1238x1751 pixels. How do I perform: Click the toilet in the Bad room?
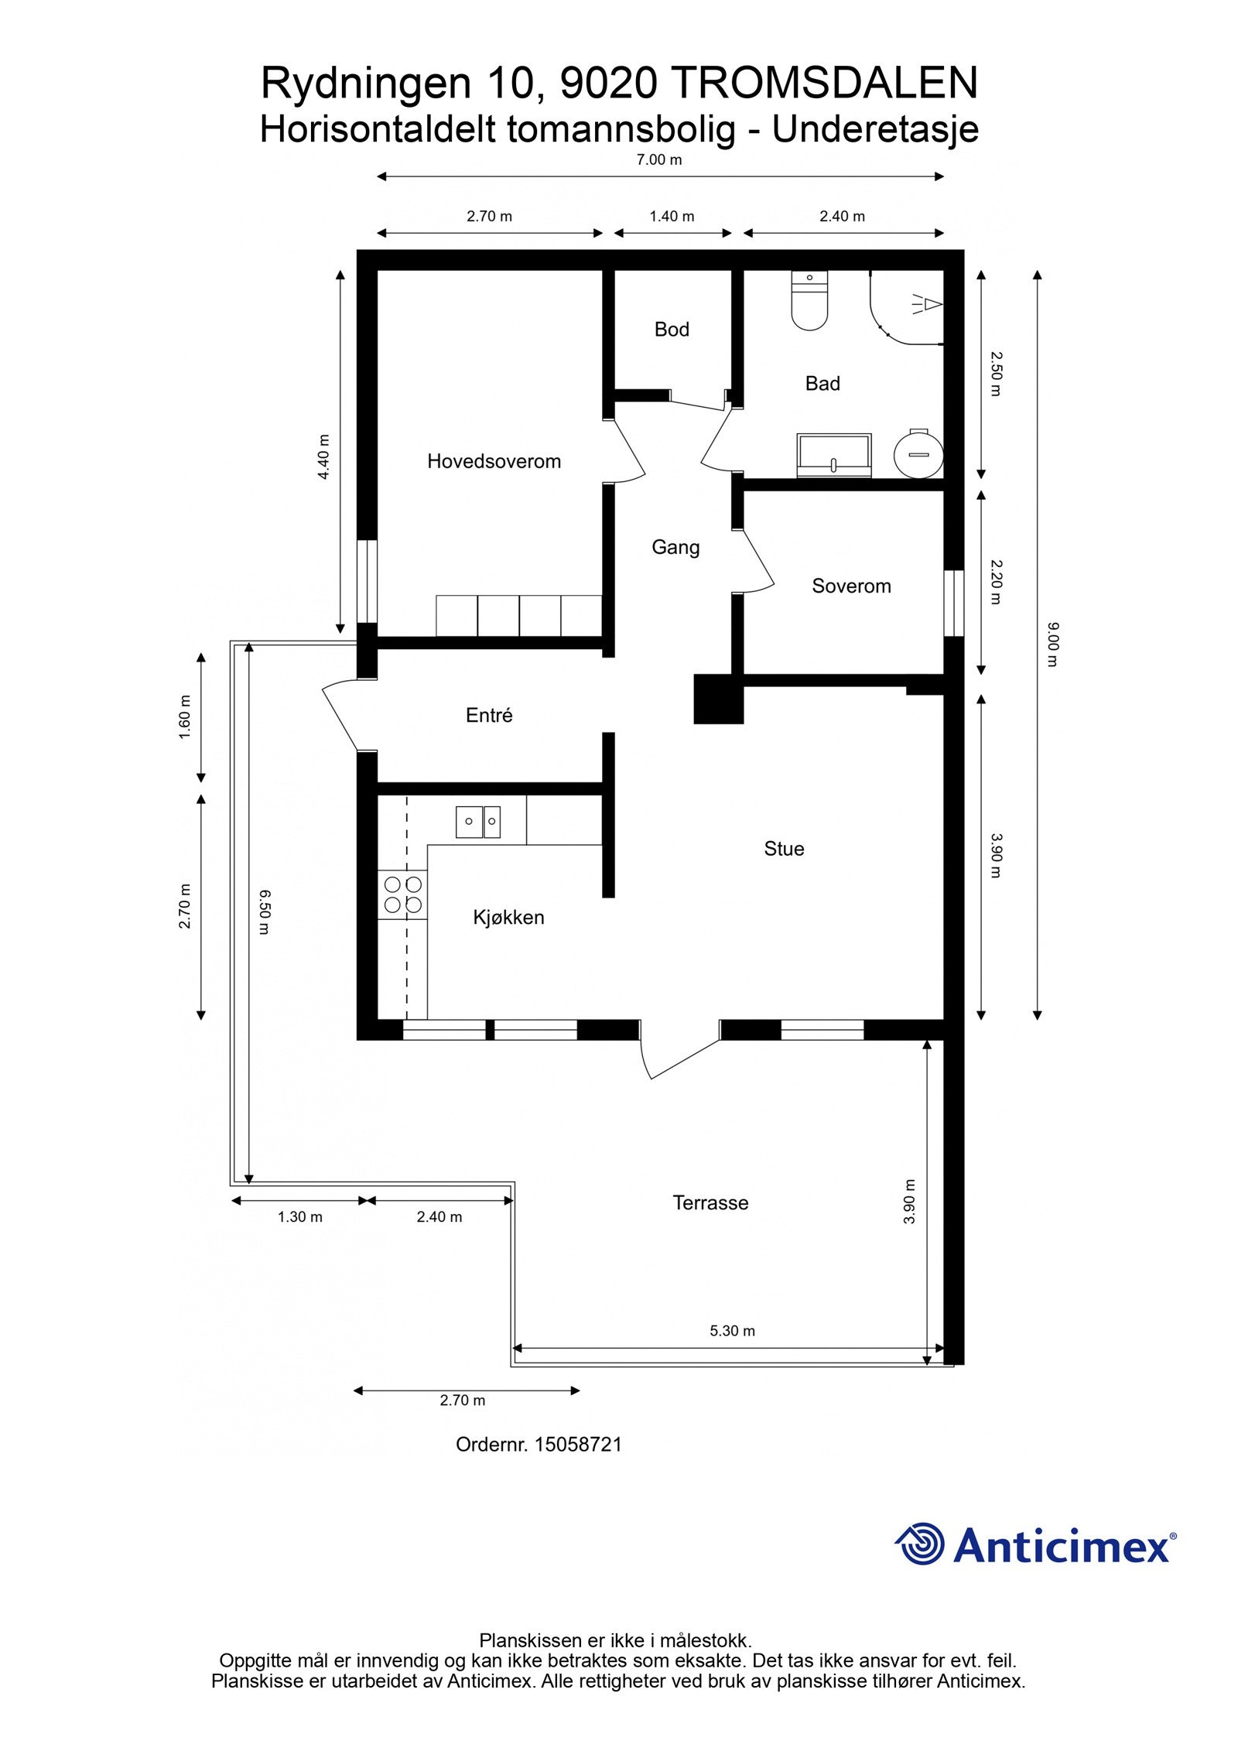(809, 302)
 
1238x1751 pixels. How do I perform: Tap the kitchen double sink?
(477, 822)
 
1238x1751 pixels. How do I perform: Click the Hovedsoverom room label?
(494, 461)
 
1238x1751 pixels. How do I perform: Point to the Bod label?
(672, 330)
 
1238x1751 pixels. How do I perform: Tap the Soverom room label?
(851, 586)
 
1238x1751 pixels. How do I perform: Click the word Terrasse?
(710, 1202)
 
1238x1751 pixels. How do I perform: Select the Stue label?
(784, 849)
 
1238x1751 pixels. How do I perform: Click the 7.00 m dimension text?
(659, 160)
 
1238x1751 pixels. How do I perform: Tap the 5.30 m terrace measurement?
(732, 1331)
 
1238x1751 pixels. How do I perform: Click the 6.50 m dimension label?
(264, 912)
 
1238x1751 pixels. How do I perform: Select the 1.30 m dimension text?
(300, 1217)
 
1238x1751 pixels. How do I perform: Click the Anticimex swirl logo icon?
(920, 1544)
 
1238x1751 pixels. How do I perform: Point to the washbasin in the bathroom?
(834, 455)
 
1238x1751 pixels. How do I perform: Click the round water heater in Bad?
(918, 455)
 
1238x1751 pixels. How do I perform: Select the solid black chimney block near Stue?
(718, 699)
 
